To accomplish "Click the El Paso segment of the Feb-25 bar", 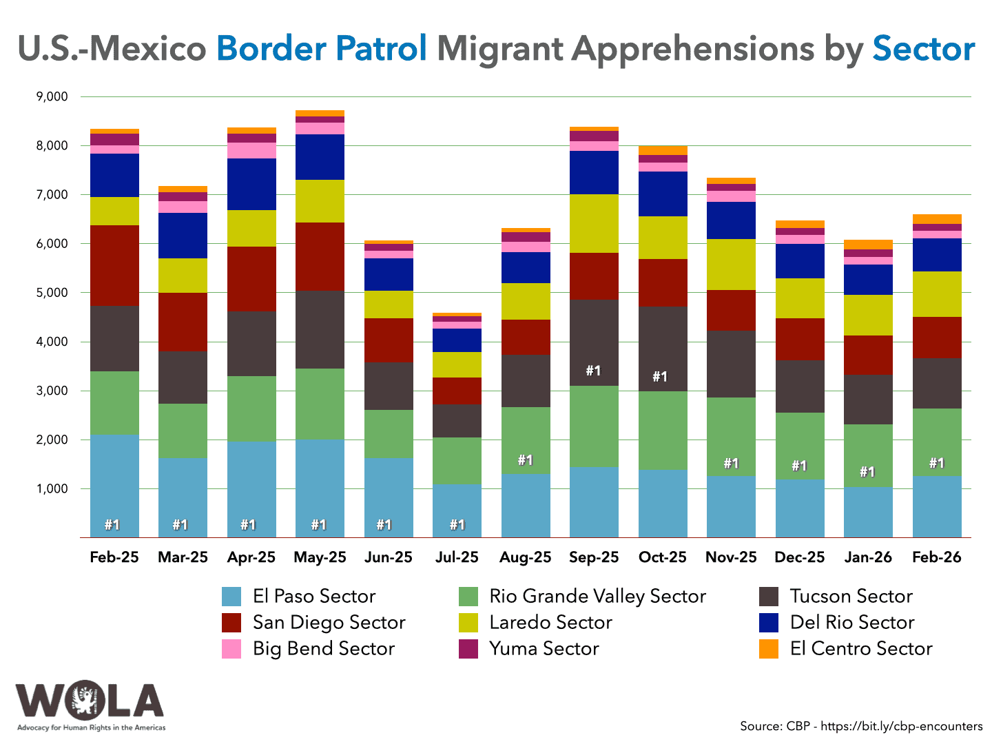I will [114, 482].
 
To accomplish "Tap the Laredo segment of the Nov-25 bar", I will [731, 265].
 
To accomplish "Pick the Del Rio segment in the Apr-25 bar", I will [251, 184].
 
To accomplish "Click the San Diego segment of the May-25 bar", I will [320, 256].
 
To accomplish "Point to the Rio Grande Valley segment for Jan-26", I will [868, 455].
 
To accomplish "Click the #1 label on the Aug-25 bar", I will [525, 460].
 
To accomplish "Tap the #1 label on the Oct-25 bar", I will [660, 377].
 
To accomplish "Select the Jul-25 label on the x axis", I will [457, 557].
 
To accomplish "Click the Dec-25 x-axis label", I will [799, 557].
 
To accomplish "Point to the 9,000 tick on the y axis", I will [51, 97].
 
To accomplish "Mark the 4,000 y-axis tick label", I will [51, 342].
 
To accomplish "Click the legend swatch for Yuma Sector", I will [468, 649].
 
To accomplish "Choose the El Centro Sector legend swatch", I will [768, 649].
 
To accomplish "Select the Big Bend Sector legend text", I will [323, 649].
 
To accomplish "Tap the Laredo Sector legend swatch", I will [468, 623].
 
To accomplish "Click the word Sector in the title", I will [923, 49].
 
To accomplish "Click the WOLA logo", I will [90, 704].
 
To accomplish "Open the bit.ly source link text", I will [902, 726].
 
